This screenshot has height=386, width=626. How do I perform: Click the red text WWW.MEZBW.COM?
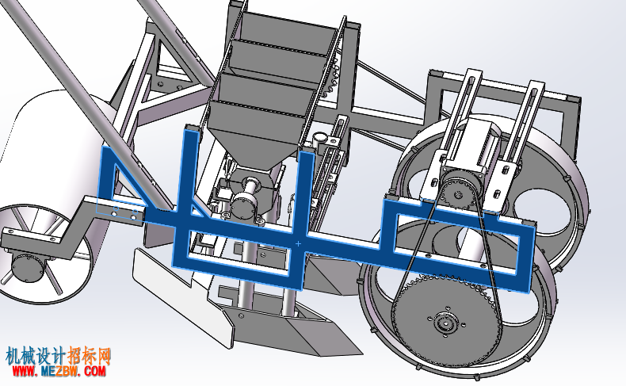coord(59,371)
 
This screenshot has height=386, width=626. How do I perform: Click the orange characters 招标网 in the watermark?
coord(89,355)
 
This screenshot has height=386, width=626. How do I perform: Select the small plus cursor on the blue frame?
coord(298,243)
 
